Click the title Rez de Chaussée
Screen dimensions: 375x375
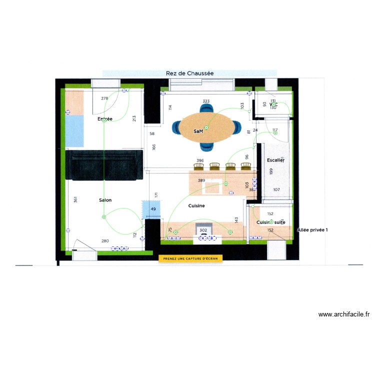[189, 73]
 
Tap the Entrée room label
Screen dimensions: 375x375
[105, 119]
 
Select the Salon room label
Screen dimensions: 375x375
[105, 200]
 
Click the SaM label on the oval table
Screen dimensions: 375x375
[198, 131]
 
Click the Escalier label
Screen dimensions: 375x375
[275, 160]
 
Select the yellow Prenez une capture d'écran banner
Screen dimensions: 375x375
[190, 258]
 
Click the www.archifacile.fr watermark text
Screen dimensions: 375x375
[344, 314]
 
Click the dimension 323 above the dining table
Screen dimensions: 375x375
[206, 101]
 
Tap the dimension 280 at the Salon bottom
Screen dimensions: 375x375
[105, 241]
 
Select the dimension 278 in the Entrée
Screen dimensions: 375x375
[104, 98]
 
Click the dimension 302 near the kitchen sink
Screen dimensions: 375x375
[203, 230]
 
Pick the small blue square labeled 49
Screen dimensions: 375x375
[152, 209]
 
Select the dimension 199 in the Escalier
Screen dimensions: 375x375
[271, 171]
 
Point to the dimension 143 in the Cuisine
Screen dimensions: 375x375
[236, 220]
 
